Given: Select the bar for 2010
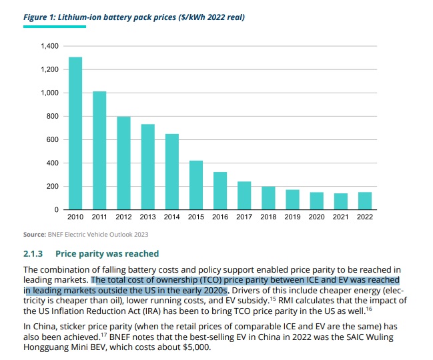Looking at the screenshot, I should (75, 133).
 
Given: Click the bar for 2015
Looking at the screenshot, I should (196, 185).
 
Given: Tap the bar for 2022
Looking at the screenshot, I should (365, 201).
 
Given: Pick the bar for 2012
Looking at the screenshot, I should (123, 163).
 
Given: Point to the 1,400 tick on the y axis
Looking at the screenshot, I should (50, 46).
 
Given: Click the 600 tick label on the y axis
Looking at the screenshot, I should (53, 140).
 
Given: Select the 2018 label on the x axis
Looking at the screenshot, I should (268, 217).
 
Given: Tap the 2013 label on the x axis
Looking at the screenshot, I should (147, 217).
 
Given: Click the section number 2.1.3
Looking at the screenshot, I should (33, 253).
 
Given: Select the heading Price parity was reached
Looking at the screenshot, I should (107, 253).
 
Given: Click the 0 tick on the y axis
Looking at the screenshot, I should (57, 210).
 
